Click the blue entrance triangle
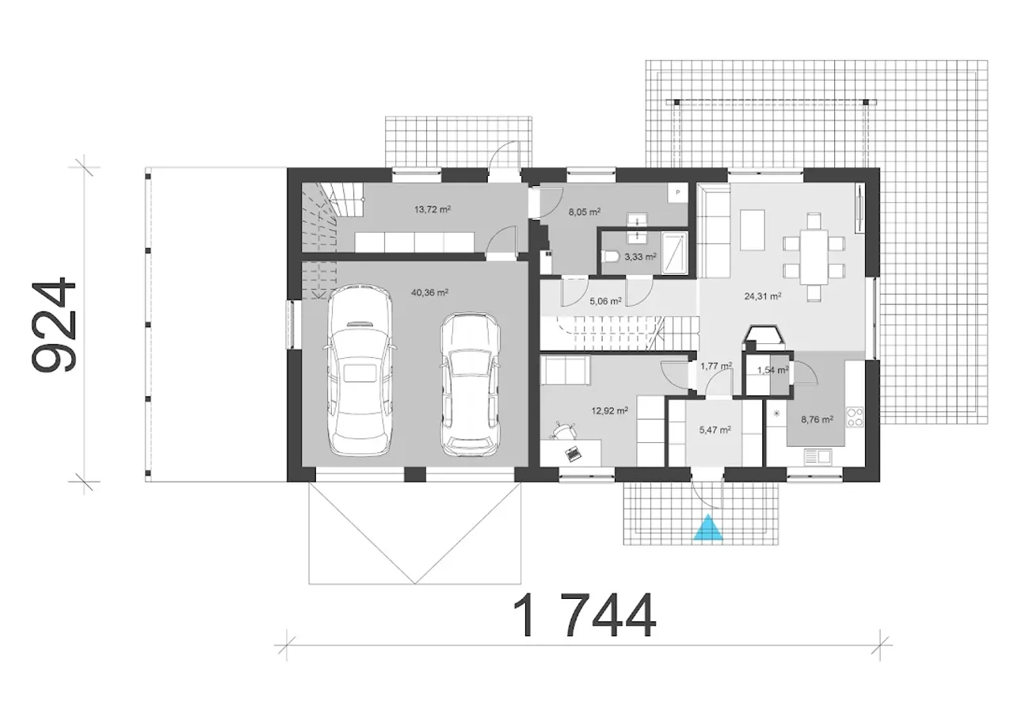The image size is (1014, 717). click(708, 528)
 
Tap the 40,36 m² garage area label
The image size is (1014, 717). click(429, 292)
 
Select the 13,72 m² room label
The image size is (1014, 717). click(433, 209)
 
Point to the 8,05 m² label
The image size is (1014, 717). click(585, 212)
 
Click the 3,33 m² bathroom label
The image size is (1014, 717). click(641, 257)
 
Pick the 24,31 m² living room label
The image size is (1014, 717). click(763, 296)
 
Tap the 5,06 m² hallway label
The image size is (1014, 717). click(605, 300)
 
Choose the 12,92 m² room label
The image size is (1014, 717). click(609, 410)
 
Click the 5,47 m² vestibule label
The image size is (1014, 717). click(715, 429)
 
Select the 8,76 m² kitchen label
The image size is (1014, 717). click(817, 419)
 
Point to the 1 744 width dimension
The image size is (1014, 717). click(584, 616)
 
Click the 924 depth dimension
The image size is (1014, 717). click(53, 325)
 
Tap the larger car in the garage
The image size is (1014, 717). click(360, 369)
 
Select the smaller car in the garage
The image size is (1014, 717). click(471, 384)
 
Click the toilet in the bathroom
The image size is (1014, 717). click(612, 257)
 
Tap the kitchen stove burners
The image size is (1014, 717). click(855, 418)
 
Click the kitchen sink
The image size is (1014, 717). click(818, 456)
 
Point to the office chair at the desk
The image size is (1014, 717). click(562, 430)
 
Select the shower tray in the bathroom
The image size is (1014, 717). click(674, 253)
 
